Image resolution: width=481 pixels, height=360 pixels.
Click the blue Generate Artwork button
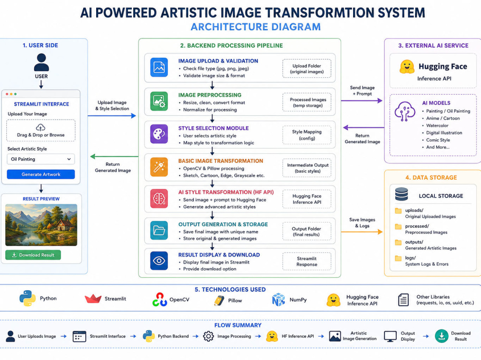click(x=41, y=174)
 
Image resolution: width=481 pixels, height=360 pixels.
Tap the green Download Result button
click(x=33, y=255)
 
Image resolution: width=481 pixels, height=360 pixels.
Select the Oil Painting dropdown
click(x=41, y=159)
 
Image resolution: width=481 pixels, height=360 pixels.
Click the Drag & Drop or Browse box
click(x=41, y=130)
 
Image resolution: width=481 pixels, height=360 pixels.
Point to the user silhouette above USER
click(x=41, y=62)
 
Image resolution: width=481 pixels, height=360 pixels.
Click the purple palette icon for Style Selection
click(x=159, y=134)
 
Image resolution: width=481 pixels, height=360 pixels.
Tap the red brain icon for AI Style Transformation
click(x=159, y=199)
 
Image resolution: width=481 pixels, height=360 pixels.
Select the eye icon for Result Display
click(x=159, y=261)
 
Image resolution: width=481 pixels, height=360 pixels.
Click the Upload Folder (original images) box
click(x=307, y=69)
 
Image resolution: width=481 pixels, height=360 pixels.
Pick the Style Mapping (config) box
click(x=307, y=135)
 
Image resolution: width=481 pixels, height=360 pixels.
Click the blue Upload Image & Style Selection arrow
click(x=112, y=116)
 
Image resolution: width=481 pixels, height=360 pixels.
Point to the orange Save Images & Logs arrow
click(x=362, y=232)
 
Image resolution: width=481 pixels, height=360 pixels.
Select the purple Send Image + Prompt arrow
click(x=362, y=100)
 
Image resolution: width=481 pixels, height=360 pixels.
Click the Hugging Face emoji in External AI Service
click(x=407, y=66)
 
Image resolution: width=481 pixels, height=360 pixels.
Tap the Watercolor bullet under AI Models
click(x=437, y=125)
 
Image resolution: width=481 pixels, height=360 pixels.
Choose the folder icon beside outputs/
click(x=398, y=242)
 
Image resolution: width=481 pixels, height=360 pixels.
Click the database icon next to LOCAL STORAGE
click(x=402, y=194)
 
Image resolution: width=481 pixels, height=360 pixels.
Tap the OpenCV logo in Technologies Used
click(x=160, y=299)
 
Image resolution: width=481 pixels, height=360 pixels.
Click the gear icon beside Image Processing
click(x=208, y=336)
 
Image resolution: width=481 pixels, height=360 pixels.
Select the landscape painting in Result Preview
click(x=41, y=225)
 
